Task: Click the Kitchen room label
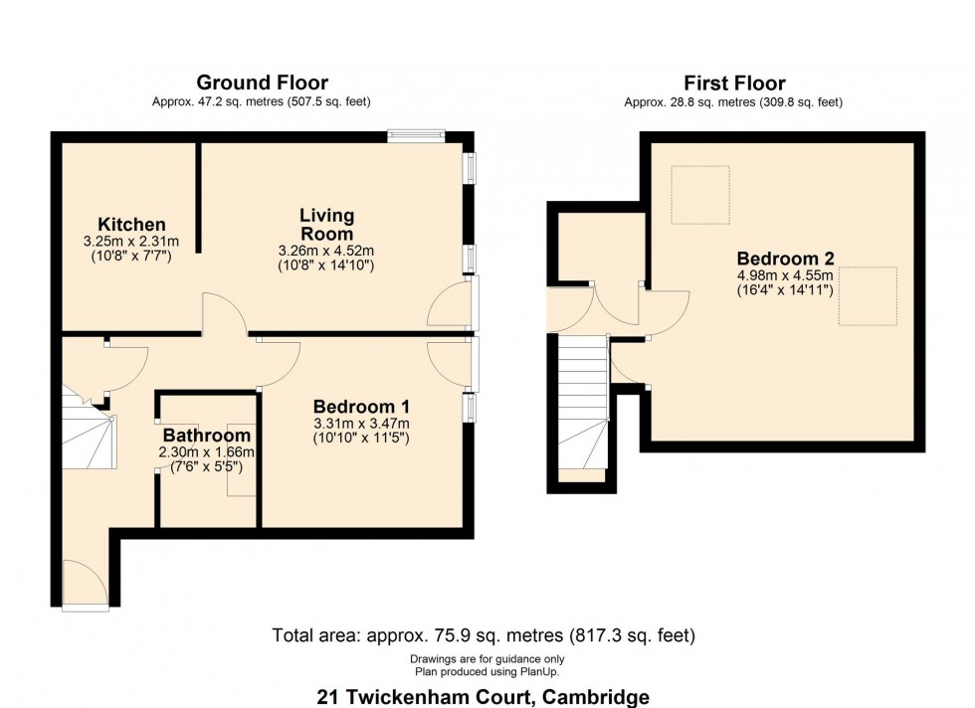131,224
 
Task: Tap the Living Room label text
326,225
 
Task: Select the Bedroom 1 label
361,407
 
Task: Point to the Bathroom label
207,435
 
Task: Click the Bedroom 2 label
785,258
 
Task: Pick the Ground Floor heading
263,83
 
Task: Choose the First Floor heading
734,83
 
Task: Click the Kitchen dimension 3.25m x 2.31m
131,242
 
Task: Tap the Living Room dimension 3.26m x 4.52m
326,252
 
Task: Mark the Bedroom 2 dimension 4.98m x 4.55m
785,275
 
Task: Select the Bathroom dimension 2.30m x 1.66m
207,451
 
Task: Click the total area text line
484,635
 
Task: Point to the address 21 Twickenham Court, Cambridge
484,697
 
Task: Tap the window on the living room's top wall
416,135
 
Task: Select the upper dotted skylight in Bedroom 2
700,195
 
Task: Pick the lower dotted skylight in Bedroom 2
868,296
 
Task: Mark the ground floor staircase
89,427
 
